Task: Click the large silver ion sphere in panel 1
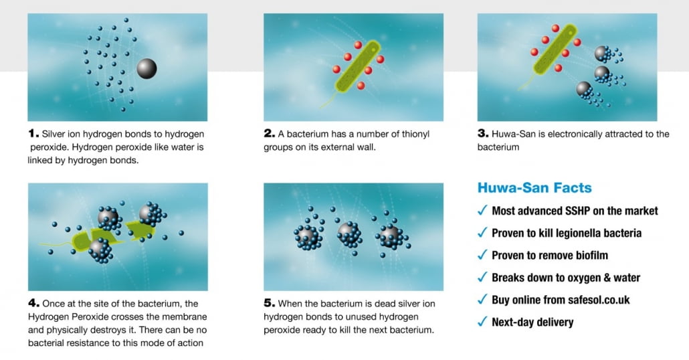(146, 68)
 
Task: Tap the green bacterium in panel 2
(357, 67)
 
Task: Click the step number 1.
(33, 134)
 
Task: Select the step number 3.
(483, 134)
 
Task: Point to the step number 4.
(34, 303)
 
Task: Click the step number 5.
(270, 303)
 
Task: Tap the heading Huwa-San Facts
(534, 187)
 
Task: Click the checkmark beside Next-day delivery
(482, 321)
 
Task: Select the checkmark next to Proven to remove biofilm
(482, 254)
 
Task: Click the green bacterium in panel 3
(555, 50)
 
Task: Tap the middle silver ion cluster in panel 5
(351, 235)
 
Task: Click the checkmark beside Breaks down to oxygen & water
(482, 277)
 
